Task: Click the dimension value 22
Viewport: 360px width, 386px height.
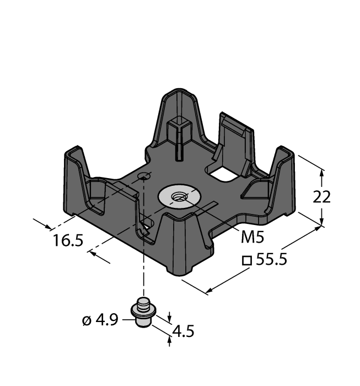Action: (x=322, y=197)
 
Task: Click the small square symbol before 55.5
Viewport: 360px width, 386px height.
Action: (x=247, y=260)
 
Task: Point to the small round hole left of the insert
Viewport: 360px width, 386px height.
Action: (x=144, y=176)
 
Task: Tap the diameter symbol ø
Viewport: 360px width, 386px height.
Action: (x=87, y=320)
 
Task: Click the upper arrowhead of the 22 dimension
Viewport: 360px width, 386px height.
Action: (x=322, y=171)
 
